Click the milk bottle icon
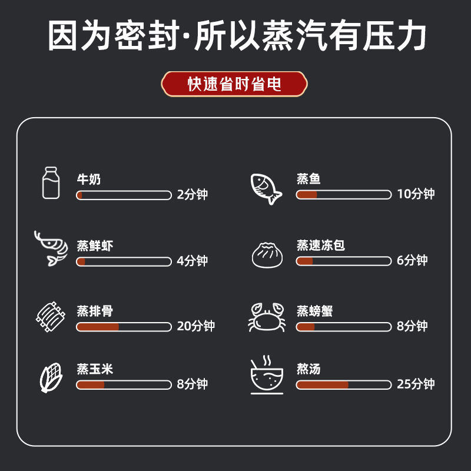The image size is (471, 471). (51, 183)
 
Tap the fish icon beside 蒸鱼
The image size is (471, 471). (266, 188)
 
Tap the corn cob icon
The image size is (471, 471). (51, 377)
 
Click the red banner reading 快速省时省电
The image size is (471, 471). (235, 84)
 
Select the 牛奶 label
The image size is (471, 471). (89, 179)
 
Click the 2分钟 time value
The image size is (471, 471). (193, 195)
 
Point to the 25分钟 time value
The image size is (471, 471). (416, 384)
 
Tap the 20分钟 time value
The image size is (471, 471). (196, 326)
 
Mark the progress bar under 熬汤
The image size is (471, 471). (343, 384)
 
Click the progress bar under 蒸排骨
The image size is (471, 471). (124, 326)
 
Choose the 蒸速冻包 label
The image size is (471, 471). (321, 245)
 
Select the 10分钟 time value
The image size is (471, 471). (416, 195)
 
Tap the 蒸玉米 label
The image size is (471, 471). (95, 369)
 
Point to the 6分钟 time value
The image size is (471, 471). (412, 261)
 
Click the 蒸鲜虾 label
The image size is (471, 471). (95, 245)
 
